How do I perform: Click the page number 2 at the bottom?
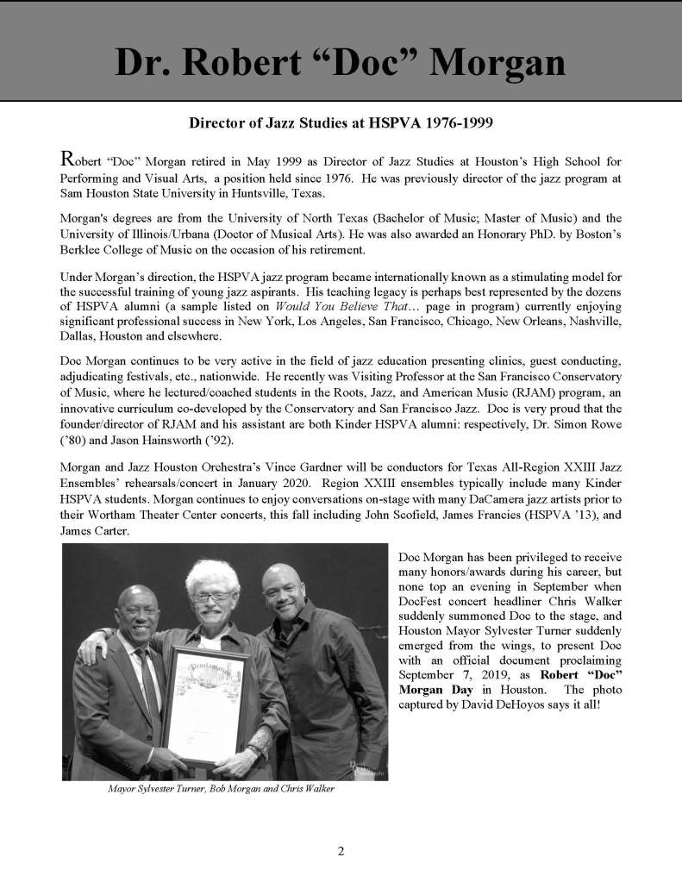(341, 852)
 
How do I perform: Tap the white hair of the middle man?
(212, 574)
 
